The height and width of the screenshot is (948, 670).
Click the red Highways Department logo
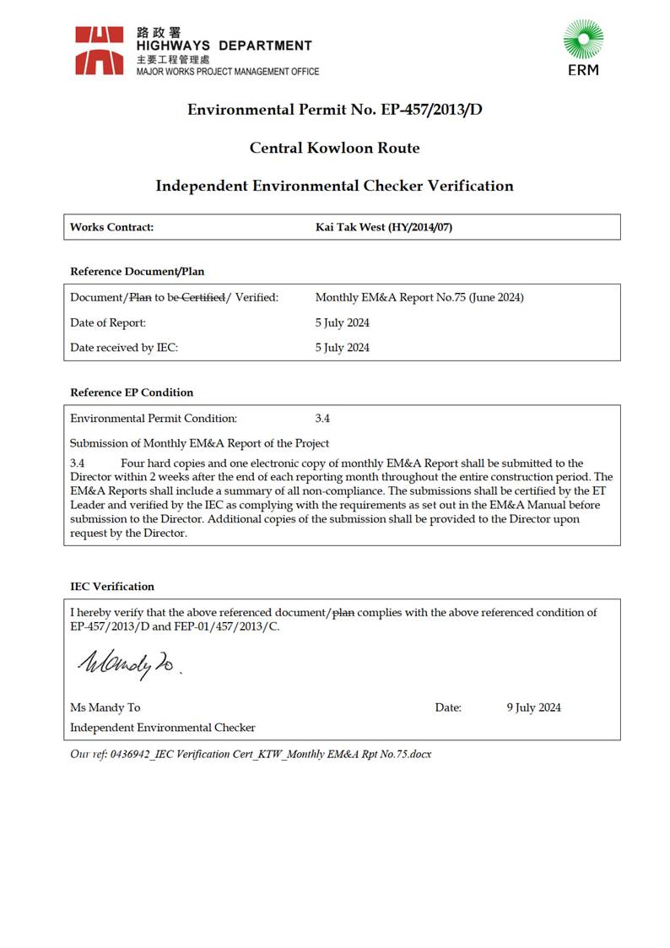point(100,50)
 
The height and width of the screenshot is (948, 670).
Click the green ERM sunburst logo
point(583,41)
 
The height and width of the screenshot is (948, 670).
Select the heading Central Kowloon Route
point(334,148)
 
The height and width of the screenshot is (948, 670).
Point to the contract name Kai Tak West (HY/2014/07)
point(384,227)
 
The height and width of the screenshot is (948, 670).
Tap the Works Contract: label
point(111,227)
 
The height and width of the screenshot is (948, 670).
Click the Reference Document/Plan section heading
point(137,272)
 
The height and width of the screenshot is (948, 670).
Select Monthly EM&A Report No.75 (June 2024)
point(419,297)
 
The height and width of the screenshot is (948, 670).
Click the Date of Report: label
point(108,322)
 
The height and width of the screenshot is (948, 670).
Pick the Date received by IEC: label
point(124,347)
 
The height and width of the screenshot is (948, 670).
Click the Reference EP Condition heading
point(132,393)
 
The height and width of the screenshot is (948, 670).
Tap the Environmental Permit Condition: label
point(154,418)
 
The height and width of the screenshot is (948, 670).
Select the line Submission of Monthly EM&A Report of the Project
point(199,443)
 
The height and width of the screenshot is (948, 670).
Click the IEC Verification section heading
point(112,587)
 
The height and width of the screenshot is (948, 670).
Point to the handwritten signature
point(127,664)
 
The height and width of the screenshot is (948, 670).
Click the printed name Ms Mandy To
point(105,707)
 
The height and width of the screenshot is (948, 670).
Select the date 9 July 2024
point(533,707)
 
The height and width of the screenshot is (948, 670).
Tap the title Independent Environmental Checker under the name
point(162,728)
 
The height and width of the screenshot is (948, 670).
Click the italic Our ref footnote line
point(251,754)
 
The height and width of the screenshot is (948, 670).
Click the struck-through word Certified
point(203,297)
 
